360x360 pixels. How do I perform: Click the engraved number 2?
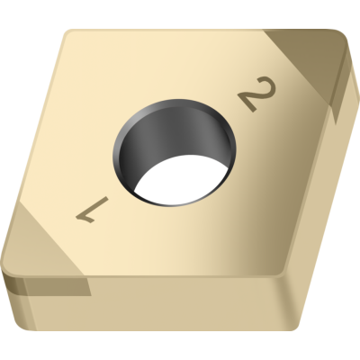click(x=256, y=94)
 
